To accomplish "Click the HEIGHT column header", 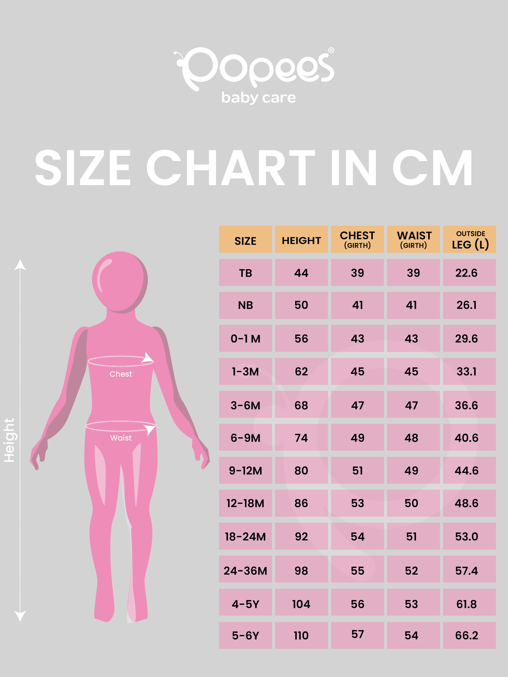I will [x=301, y=241].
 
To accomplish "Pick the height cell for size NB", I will [x=301, y=305].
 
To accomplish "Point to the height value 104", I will [x=301, y=604].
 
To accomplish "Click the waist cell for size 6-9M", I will [x=411, y=438].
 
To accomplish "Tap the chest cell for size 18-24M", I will [x=357, y=537].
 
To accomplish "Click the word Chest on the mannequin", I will [x=121, y=374].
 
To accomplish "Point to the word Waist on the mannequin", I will [x=121, y=438].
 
